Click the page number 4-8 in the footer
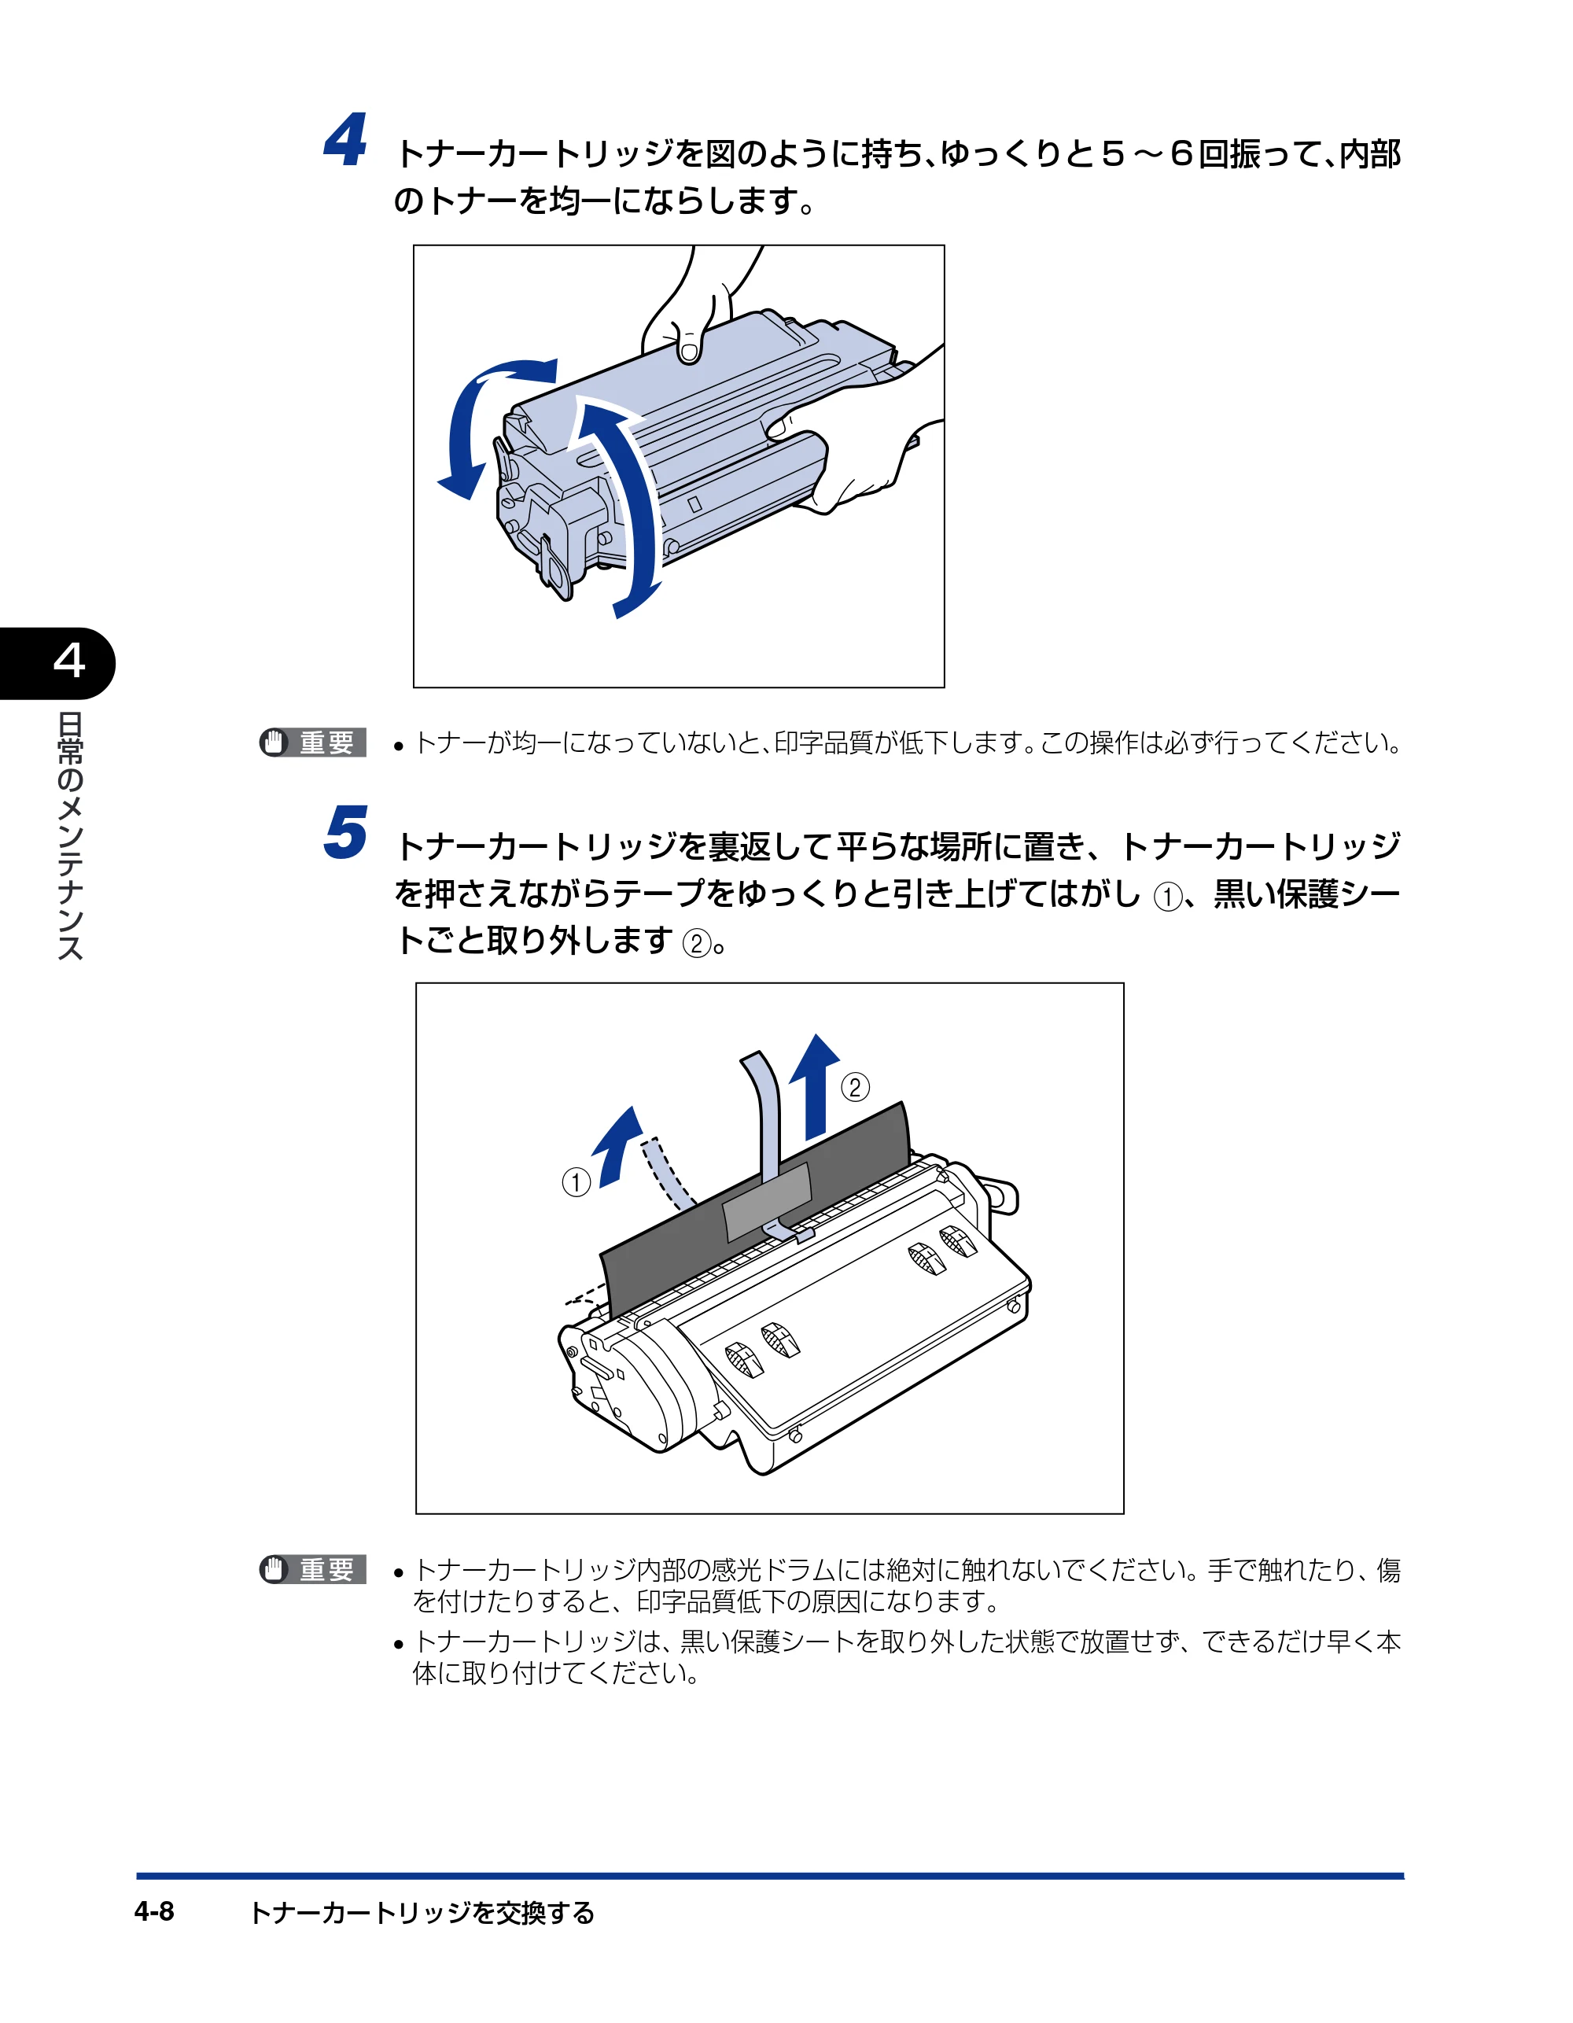[154, 1912]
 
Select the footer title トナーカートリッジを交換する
[422, 1913]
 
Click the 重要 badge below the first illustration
[313, 742]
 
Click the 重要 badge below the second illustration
[313, 1569]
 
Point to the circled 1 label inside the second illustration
[577, 1182]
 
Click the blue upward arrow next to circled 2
[816, 1085]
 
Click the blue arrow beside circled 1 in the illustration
[617, 1147]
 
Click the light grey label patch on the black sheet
[767, 1200]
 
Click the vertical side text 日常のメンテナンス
[69, 835]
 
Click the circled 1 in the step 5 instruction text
[1168, 897]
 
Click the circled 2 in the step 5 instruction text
[697, 944]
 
